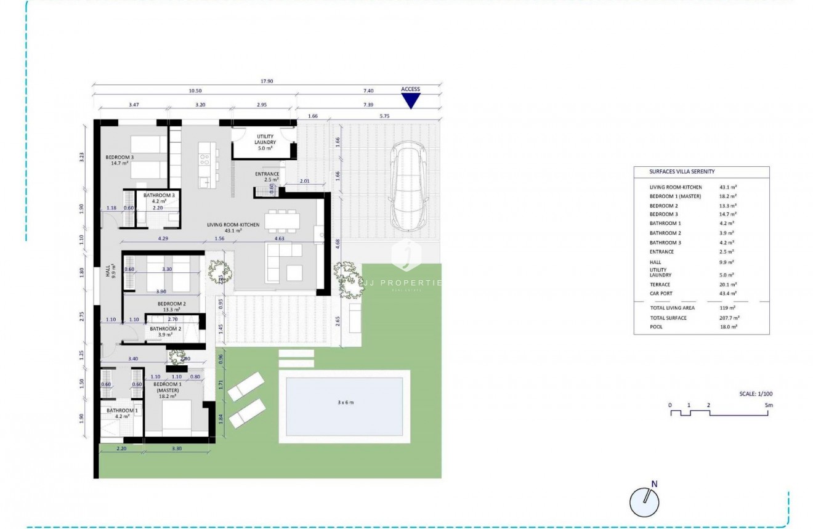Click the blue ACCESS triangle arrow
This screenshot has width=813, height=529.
(x=410, y=101)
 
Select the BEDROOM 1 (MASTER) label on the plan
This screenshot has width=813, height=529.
(x=168, y=390)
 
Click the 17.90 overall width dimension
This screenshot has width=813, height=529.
(x=267, y=81)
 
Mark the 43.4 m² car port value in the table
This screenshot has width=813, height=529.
(x=728, y=294)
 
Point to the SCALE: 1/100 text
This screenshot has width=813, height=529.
(x=756, y=394)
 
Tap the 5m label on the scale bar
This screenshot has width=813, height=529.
(x=769, y=405)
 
